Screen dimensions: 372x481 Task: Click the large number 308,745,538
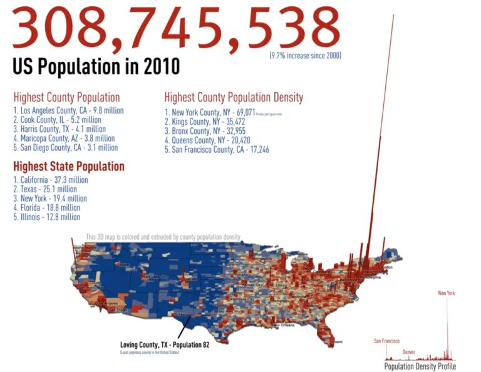tap(176, 29)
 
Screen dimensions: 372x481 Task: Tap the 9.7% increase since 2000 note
tap(305, 56)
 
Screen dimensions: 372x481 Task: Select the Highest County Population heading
tap(66, 98)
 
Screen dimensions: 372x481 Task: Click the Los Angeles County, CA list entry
tap(68, 110)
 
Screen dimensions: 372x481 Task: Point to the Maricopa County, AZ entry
tap(64, 138)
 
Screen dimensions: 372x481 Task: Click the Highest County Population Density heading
tap(234, 98)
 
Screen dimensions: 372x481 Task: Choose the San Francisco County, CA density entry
tap(217, 150)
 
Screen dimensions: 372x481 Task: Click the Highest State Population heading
tap(69, 167)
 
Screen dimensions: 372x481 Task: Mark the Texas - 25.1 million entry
tap(45, 189)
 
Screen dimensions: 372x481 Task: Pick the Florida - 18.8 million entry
tap(46, 208)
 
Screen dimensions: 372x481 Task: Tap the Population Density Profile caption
tap(420, 366)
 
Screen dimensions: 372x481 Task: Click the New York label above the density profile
tap(447, 293)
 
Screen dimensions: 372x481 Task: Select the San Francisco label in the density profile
tap(386, 341)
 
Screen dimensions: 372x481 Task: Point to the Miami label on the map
tap(338, 342)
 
